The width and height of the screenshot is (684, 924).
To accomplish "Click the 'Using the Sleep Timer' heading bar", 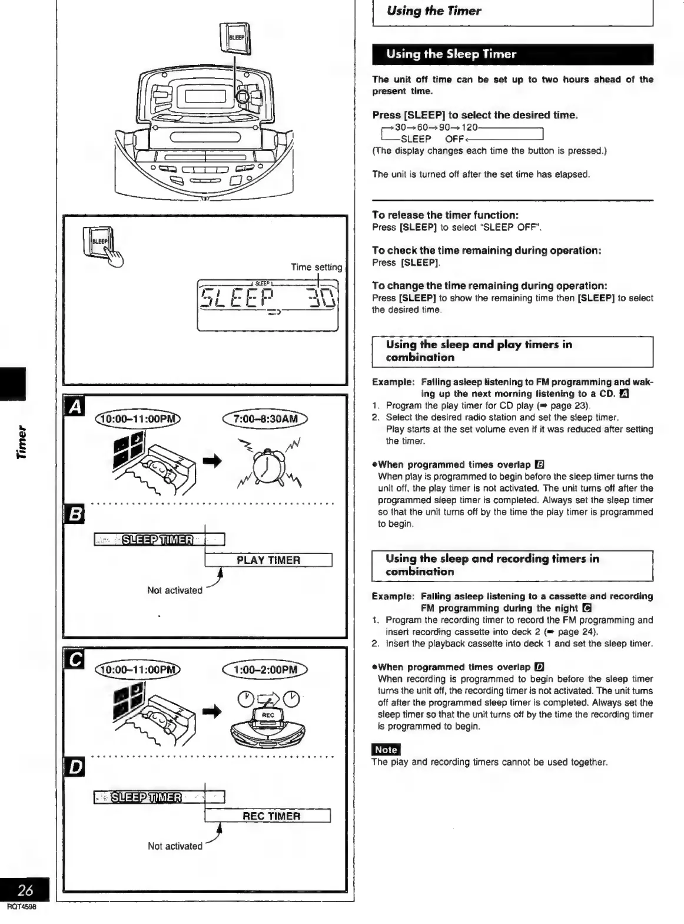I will [512, 54].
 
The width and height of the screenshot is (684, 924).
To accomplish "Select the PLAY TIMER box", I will [268, 560].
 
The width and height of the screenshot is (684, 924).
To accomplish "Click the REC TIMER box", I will [268, 816].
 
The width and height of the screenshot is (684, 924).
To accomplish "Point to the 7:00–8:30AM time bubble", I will [265, 419].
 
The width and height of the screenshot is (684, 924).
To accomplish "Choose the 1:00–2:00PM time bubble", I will [265, 669].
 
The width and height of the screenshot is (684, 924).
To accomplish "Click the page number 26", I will [25, 890].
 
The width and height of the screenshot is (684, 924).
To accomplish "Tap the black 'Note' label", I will [386, 750].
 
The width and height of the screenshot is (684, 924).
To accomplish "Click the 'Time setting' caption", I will [316, 267].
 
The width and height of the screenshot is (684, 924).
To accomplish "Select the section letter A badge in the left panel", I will [77, 408].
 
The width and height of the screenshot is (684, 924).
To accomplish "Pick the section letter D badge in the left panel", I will [77, 768].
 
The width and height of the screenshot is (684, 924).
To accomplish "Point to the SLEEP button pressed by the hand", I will [100, 242].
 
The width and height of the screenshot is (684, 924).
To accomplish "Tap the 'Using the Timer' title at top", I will [433, 11].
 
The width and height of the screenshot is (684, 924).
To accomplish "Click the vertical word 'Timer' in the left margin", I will [22, 441].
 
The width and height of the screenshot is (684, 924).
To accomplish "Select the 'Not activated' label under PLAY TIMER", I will [174, 590].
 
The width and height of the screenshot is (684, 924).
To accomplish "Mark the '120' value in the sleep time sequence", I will [469, 127].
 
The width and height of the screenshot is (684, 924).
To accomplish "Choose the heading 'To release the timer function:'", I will [445, 215].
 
